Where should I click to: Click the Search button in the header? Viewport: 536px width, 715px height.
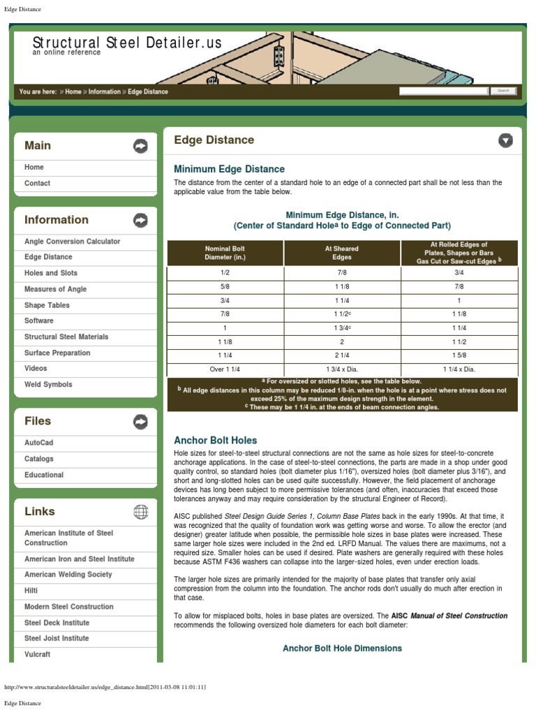tap(503, 91)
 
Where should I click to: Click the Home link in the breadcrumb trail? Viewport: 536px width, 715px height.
tap(73, 91)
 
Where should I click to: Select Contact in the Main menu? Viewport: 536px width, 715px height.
tap(38, 183)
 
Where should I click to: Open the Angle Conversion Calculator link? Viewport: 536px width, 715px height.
tap(72, 241)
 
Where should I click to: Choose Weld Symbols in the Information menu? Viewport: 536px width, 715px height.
tap(48, 384)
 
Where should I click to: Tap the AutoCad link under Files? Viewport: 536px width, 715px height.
tap(38, 443)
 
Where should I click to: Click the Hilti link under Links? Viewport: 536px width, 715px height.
tap(31, 591)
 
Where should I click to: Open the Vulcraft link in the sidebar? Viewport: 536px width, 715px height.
tap(37, 654)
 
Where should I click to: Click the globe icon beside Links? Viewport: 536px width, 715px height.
tap(140, 512)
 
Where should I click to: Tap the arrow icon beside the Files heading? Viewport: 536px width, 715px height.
tap(140, 421)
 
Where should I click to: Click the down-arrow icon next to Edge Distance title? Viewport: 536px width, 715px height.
tap(505, 140)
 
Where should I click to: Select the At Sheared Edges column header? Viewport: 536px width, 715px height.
tap(342, 253)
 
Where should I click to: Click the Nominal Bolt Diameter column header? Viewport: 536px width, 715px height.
tap(225, 253)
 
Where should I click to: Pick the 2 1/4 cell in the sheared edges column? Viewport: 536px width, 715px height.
tap(342, 355)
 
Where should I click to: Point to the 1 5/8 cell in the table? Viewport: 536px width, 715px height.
tap(459, 355)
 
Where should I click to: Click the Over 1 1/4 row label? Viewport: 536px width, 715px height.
tap(225, 369)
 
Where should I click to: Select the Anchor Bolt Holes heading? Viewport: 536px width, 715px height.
tap(215, 441)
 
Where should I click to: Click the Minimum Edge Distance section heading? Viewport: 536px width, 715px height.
tap(229, 169)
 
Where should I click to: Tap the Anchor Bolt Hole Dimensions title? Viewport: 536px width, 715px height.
tap(342, 648)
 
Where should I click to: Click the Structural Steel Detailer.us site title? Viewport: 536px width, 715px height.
tap(127, 43)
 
